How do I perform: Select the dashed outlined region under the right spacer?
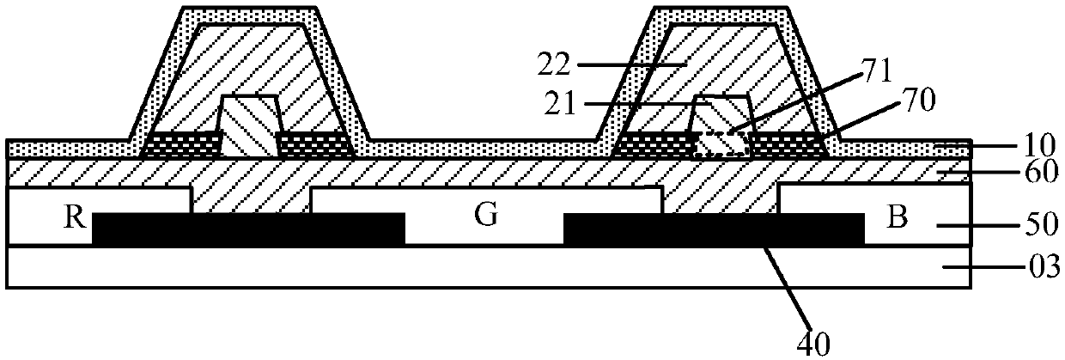[720, 143]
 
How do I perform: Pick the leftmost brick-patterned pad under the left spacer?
[181, 144]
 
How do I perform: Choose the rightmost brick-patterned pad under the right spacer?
[787, 144]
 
